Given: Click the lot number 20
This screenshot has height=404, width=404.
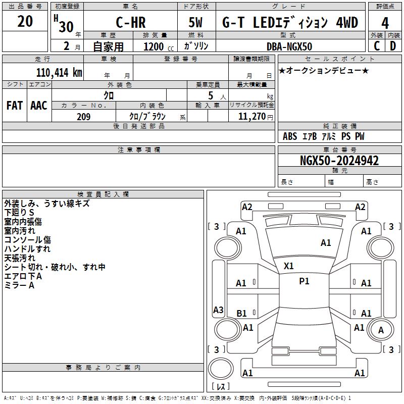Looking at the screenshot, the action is coord(25,22).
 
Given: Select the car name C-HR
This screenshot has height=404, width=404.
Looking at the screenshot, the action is coord(130,23).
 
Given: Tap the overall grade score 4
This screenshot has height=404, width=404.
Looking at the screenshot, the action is coord(385,23).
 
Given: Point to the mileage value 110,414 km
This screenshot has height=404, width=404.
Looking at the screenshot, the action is coord(59,73).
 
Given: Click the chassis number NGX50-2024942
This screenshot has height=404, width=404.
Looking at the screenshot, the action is coord(339,161).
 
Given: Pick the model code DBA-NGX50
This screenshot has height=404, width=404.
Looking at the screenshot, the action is coord(289,46).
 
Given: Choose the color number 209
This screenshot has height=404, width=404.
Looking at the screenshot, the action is coord(83,117).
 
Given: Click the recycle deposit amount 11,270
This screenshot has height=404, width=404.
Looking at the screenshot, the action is coord(251,117).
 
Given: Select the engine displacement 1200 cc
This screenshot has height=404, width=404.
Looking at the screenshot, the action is coord(154,46).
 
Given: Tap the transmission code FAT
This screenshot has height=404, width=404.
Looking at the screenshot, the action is coord(15,106).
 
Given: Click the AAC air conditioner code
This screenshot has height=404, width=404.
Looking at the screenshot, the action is coord(39,106).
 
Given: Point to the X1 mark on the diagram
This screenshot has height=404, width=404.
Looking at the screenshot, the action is coord(289,266).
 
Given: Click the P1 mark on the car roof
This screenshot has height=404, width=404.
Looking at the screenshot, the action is coord(304,281).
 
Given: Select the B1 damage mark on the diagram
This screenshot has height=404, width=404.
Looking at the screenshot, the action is coord(242,314).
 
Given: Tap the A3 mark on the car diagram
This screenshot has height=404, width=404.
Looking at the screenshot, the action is coord(218,310).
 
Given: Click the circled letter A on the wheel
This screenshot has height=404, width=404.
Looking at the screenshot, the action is coord(381,330).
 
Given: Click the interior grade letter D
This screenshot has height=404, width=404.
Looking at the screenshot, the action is coord(393,46).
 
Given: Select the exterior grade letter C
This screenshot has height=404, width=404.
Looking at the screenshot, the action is coord(377,46).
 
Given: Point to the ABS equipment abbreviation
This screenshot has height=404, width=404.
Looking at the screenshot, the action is coord(290,136).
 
